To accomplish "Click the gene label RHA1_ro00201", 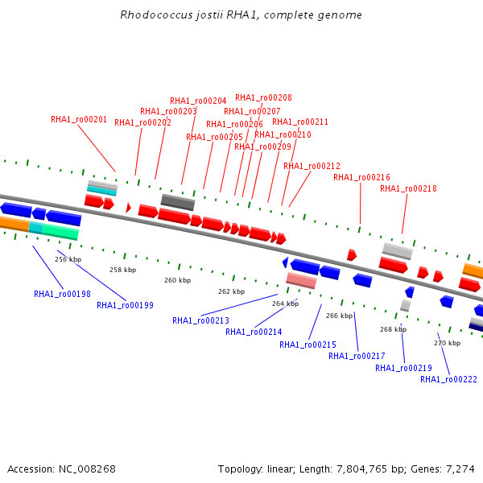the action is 79,119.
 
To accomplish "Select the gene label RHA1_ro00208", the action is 263,97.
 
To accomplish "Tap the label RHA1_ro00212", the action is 312,166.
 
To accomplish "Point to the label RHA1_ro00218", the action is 408,188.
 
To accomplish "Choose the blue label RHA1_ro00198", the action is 62,294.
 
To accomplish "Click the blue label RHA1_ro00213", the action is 200,320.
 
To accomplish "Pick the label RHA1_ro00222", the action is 448,379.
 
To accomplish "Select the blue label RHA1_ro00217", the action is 357,356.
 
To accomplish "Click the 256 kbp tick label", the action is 68,259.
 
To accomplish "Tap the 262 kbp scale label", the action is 231,291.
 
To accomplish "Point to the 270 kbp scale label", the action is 447,343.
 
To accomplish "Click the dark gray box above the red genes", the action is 178,202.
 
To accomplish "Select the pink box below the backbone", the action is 301,280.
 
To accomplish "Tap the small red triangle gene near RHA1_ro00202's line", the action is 129,208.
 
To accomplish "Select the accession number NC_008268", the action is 87,469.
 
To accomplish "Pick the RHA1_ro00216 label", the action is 361,177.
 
